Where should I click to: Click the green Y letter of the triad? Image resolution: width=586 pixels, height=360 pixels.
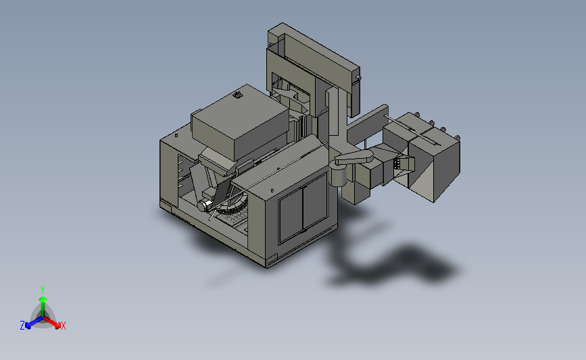(43, 290)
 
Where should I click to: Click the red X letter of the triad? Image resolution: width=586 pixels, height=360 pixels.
(63, 326)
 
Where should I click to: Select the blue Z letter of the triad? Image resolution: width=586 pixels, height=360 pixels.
(22, 326)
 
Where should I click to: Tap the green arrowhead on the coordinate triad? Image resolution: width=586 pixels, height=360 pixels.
(43, 299)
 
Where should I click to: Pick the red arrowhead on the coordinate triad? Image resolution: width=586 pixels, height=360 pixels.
(57, 326)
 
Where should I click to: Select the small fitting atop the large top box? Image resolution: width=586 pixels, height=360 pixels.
(238, 95)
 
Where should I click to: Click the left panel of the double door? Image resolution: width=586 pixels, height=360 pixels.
(291, 214)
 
